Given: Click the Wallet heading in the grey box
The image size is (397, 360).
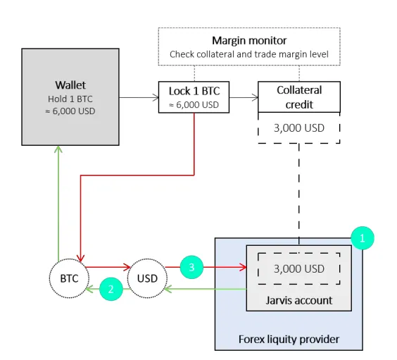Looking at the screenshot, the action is (70, 85).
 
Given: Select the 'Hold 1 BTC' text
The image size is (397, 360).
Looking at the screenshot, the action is (70, 99).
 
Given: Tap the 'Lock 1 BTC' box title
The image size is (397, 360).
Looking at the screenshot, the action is (194, 91).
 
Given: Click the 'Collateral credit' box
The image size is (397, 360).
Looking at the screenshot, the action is (299, 97).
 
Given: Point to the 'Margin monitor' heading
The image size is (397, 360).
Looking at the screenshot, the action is (249, 41).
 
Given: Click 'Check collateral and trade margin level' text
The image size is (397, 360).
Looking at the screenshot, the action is (249, 54).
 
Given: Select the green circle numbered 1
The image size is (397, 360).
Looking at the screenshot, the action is (363, 238).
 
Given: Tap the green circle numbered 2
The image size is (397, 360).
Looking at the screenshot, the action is (111, 289).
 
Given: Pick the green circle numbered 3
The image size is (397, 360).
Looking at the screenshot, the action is (191, 267).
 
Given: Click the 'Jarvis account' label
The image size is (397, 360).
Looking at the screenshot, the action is (298, 300).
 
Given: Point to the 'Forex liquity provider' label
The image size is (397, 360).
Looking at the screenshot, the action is (289, 340).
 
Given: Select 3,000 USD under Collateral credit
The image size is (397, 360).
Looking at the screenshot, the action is (299, 128).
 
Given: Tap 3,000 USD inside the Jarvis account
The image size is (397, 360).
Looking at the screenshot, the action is (299, 269).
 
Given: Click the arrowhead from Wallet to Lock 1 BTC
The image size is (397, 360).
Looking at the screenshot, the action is (156, 97).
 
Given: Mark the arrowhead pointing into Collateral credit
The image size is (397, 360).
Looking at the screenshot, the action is (256, 97).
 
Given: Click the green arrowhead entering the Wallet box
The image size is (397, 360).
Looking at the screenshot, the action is (58, 149).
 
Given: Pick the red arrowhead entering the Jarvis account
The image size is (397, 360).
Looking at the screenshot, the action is (243, 267).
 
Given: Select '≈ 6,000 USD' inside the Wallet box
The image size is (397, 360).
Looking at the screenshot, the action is (70, 111).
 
